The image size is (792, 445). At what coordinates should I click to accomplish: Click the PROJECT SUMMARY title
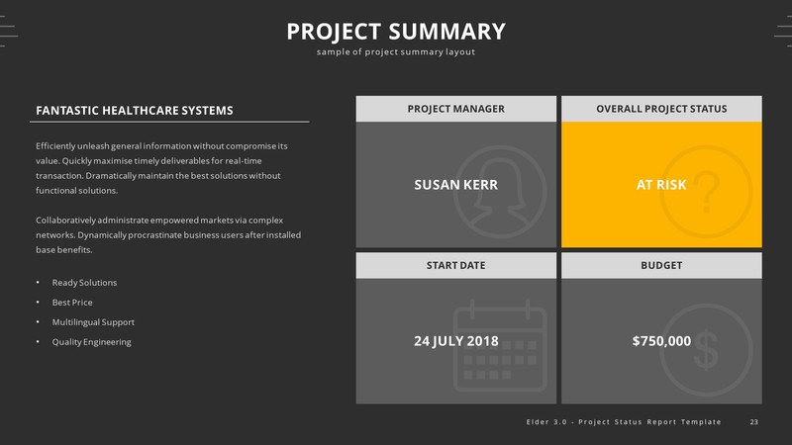click(x=396, y=32)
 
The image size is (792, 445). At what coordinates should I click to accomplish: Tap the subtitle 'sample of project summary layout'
click(x=396, y=52)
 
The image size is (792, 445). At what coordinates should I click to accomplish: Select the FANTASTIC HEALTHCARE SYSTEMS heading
click(x=135, y=110)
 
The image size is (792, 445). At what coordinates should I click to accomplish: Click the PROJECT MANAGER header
click(x=456, y=109)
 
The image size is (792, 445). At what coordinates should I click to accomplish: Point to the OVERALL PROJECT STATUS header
click(x=661, y=109)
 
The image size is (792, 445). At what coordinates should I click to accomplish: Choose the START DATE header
click(x=456, y=265)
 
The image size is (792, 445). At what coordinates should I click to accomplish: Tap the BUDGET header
click(x=661, y=265)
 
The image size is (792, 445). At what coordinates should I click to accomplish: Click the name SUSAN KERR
click(x=455, y=185)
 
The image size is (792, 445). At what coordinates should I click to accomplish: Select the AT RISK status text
click(x=660, y=185)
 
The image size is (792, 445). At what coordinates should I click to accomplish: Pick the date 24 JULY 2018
click(x=455, y=341)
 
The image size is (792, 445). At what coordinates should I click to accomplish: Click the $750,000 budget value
click(x=661, y=341)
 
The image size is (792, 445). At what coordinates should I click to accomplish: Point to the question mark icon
click(x=705, y=191)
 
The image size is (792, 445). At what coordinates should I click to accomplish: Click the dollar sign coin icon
click(x=705, y=346)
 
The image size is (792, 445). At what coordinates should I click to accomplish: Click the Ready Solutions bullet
click(x=84, y=283)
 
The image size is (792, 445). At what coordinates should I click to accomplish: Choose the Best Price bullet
click(x=72, y=303)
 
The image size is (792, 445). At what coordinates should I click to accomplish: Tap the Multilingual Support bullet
click(x=93, y=322)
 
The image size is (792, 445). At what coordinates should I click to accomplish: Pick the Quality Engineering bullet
click(x=91, y=342)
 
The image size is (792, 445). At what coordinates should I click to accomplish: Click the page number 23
click(x=754, y=422)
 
